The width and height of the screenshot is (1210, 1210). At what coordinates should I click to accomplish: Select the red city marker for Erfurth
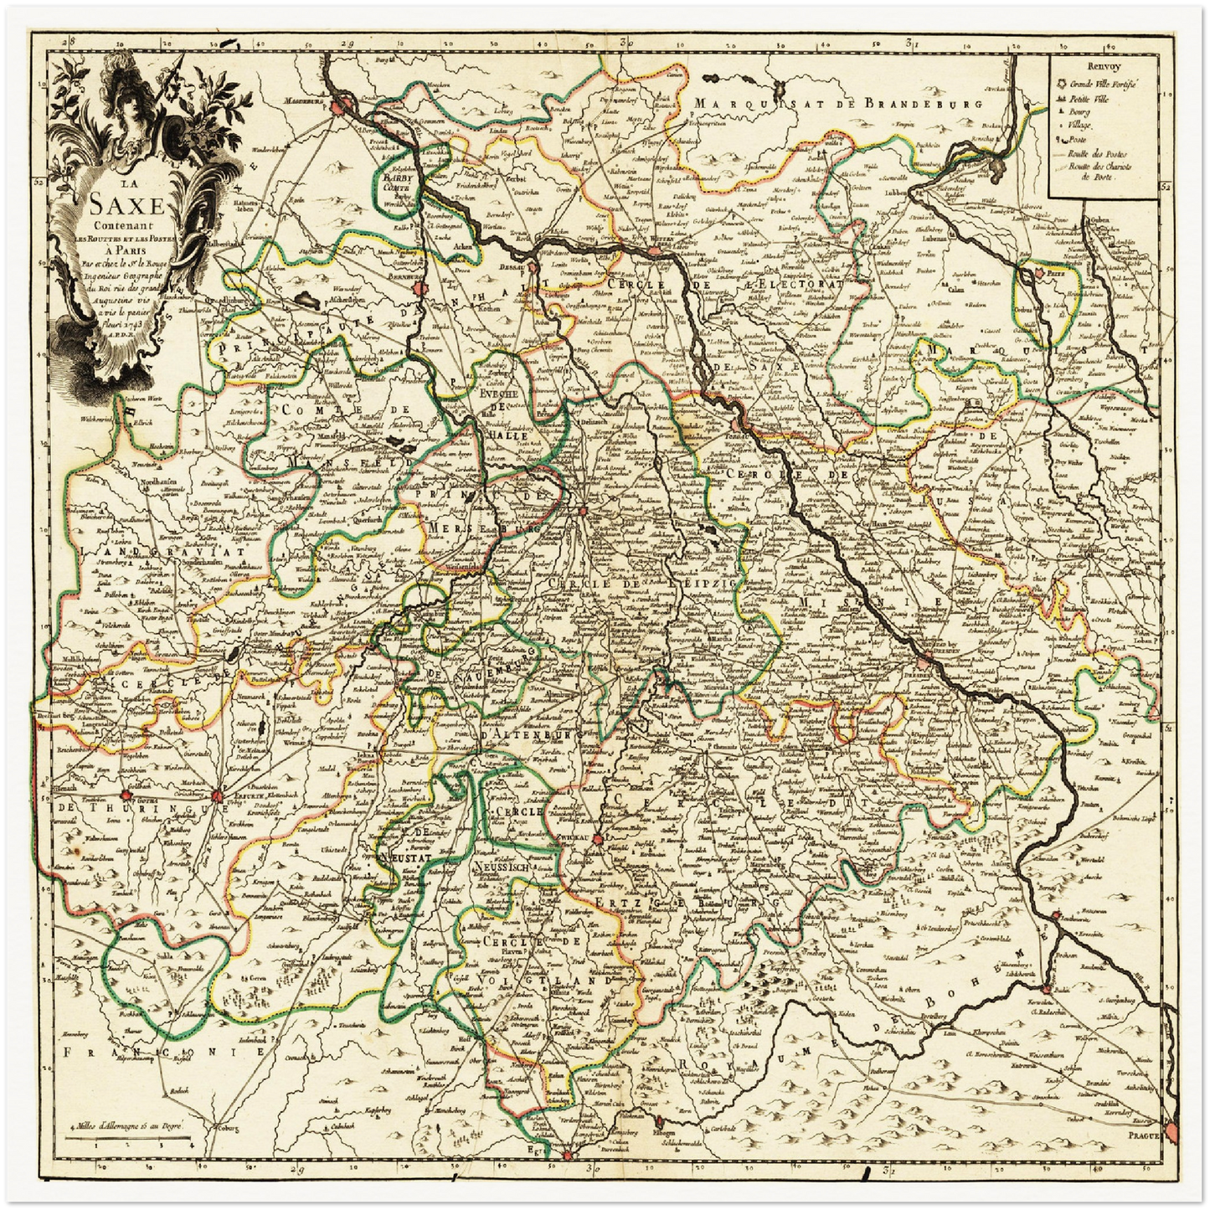pyautogui.click(x=218, y=796)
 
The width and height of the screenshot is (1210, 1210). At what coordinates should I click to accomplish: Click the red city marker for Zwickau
pyautogui.click(x=598, y=840)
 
